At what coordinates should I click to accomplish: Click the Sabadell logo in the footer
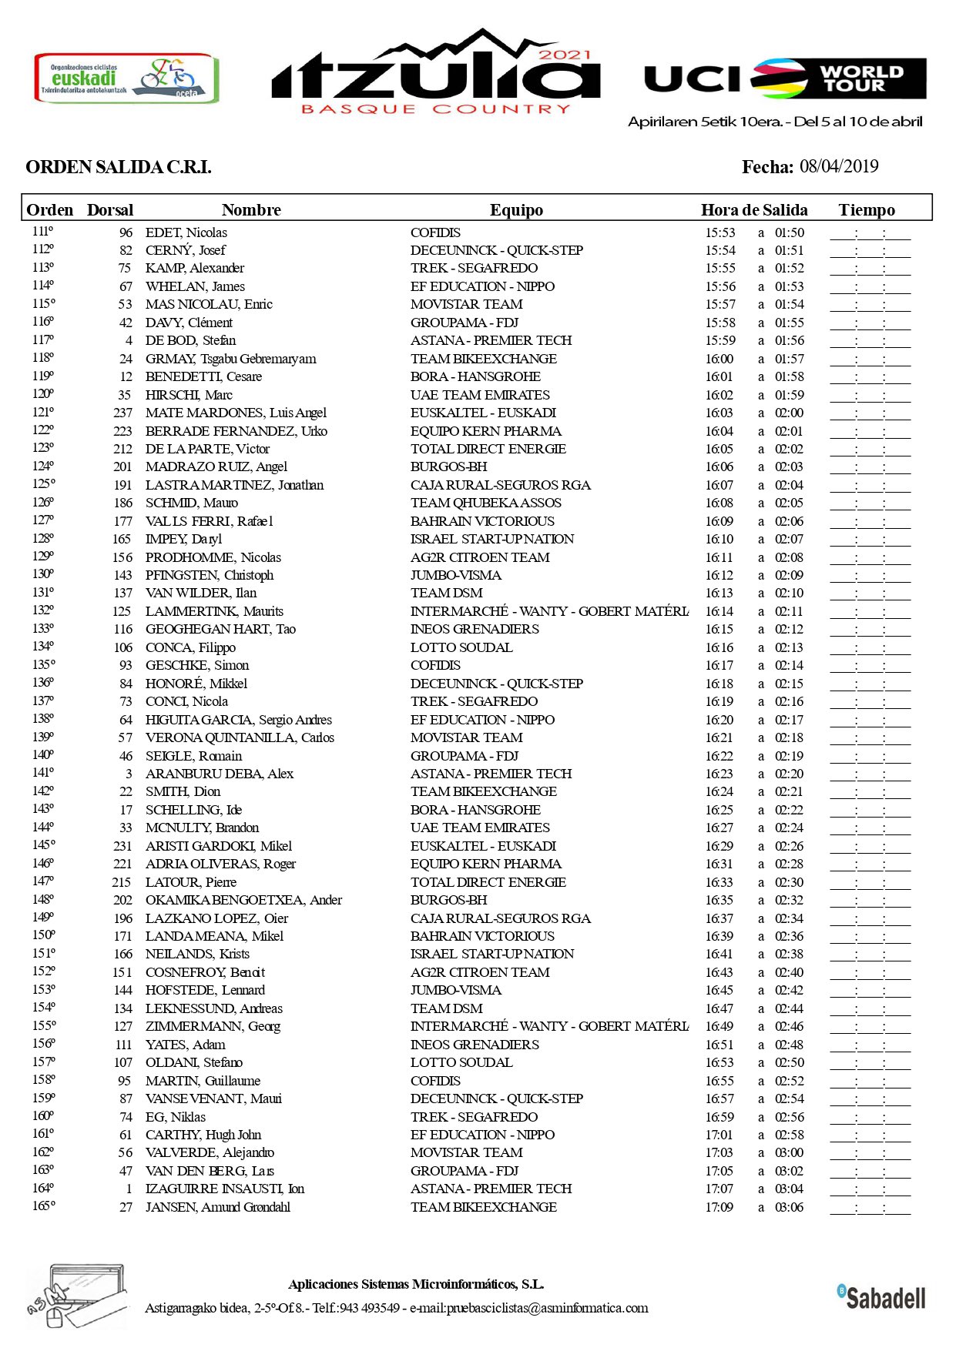[882, 1297]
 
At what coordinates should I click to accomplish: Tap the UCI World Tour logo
[785, 79]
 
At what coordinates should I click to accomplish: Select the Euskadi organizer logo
[126, 78]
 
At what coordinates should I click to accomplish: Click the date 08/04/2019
[839, 166]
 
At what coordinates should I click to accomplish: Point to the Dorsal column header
[110, 210]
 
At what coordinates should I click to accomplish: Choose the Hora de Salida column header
[754, 210]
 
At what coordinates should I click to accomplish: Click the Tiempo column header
[867, 210]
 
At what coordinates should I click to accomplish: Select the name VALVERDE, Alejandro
[210, 1152]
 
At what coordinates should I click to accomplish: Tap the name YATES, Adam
[185, 1045]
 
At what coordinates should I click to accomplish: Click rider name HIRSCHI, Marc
[189, 395]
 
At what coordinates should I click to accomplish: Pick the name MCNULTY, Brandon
[202, 828]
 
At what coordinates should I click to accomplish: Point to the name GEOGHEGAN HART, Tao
[220, 629]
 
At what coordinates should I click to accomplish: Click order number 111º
[42, 232]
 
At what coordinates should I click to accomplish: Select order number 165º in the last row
[43, 1206]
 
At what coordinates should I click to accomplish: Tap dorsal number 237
[122, 413]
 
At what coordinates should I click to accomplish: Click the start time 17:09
[720, 1207]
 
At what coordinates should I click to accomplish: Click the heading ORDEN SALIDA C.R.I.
[119, 167]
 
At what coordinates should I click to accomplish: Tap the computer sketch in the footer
[77, 1296]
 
